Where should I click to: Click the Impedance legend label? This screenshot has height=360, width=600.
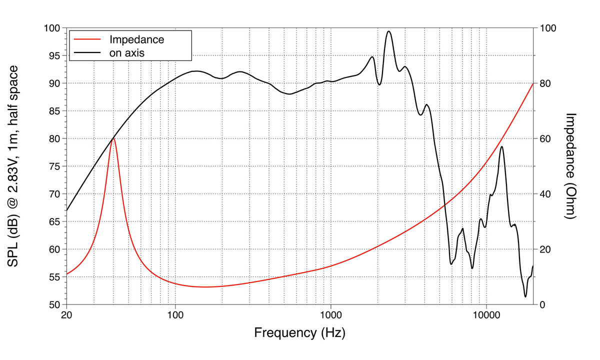[x=136, y=39]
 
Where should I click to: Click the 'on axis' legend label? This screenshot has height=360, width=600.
[x=127, y=51]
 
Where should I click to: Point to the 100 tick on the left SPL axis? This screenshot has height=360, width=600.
[x=52, y=28]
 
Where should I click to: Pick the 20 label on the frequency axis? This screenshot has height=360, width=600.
[x=66, y=316]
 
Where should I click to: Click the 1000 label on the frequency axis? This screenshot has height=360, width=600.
[x=330, y=316]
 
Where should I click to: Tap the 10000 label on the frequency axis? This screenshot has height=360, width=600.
[x=486, y=316]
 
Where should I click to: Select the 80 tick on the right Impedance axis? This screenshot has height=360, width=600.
[x=543, y=83]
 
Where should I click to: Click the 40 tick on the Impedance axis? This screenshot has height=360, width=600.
[x=543, y=194]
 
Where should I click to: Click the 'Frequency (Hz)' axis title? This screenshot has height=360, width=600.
[x=299, y=332]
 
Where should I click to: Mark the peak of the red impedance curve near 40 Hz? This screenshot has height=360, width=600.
[x=113, y=138]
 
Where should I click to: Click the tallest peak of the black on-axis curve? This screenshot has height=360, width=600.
[x=388, y=31]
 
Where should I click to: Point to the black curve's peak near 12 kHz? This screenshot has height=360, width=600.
[x=501, y=146]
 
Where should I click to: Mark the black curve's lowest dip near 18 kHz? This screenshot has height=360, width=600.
[x=525, y=296]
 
